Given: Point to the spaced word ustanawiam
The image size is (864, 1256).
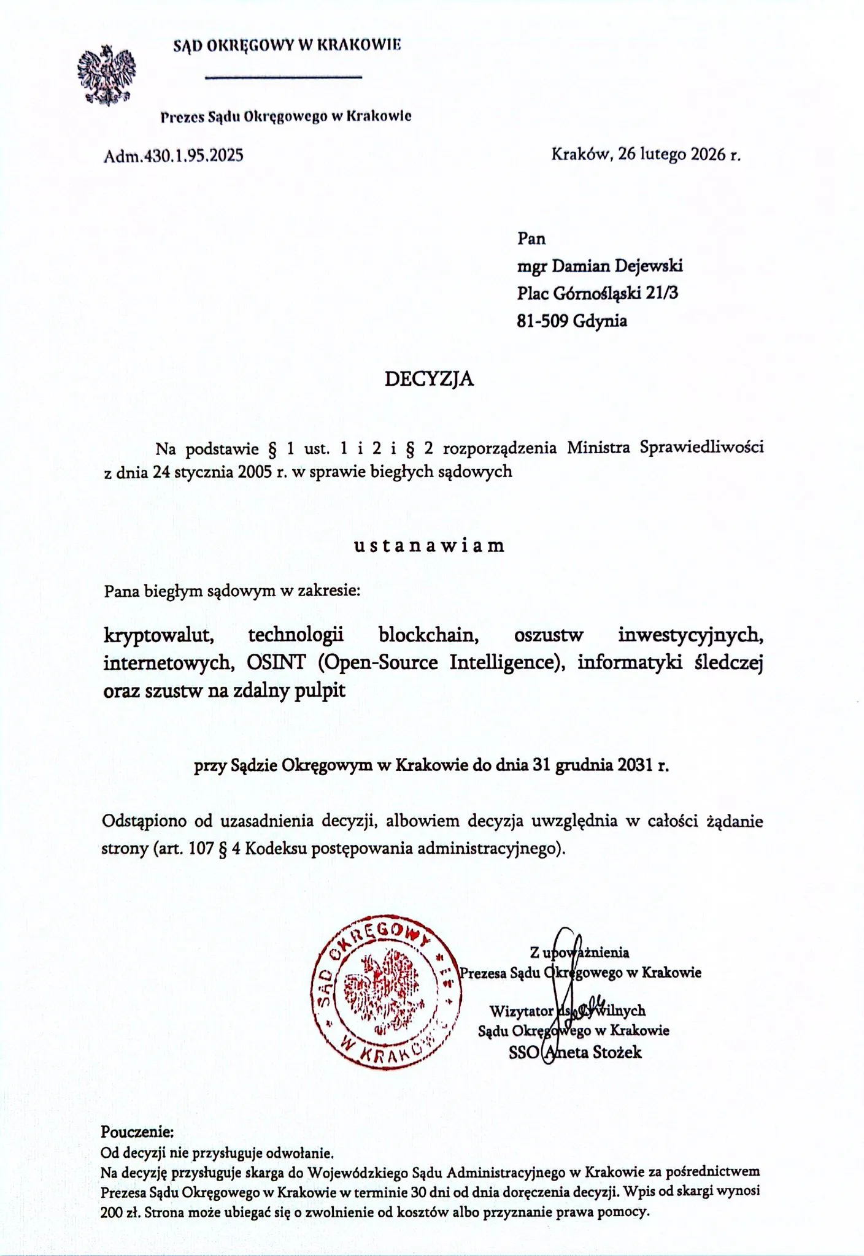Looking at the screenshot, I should pos(429,545).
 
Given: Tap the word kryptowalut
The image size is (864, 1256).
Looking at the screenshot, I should pos(159,635).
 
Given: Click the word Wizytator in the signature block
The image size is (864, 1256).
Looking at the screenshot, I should pos(522,1010).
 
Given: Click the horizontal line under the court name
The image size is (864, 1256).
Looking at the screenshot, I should pos(282,77).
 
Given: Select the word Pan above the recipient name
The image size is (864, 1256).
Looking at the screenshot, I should pos(531,238).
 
